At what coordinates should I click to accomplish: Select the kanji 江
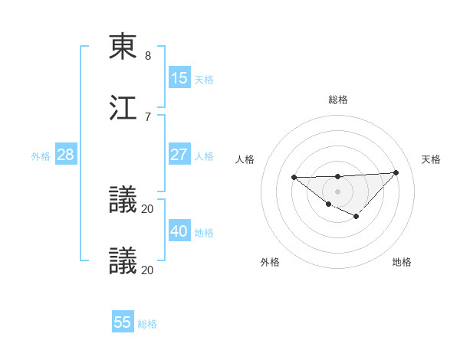(123, 107)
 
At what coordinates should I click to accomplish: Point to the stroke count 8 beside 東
(148, 56)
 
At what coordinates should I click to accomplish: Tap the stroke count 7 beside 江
(148, 116)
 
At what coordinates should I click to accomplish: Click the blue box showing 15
(179, 78)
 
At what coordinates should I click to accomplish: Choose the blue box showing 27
(179, 155)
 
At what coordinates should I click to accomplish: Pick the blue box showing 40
(179, 231)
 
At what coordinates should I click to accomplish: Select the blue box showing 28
(66, 155)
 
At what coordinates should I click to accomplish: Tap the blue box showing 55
(123, 322)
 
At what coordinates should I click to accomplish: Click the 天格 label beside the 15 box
(204, 80)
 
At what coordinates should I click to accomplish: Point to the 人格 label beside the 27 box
(204, 156)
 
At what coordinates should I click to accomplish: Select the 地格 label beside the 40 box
(204, 233)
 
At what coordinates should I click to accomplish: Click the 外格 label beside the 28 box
(41, 156)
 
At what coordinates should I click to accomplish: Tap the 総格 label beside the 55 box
(147, 324)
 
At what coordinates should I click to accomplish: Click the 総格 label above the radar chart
(338, 100)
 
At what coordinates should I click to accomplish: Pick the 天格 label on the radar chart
(432, 159)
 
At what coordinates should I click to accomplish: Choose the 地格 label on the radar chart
(402, 262)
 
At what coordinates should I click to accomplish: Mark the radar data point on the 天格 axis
(396, 172)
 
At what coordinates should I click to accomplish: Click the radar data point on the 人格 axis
(294, 178)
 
